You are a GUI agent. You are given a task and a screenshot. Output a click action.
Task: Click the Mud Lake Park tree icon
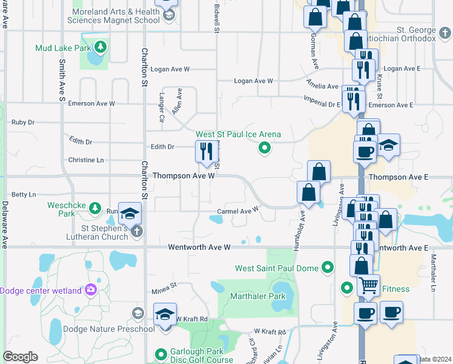(101, 47)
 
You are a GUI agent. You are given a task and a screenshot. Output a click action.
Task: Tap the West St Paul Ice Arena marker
(264, 147)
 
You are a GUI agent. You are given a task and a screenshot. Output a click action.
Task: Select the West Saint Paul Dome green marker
(328, 267)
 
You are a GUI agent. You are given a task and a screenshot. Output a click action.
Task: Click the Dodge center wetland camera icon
(91, 290)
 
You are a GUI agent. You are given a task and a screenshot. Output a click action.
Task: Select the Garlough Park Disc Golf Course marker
(161, 354)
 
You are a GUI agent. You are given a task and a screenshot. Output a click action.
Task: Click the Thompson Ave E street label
(398, 177)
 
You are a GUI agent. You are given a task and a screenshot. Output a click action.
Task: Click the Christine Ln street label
(87, 160)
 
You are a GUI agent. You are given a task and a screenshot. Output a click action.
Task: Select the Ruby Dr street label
(23, 122)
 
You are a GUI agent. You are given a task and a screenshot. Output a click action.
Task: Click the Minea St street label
(164, 285)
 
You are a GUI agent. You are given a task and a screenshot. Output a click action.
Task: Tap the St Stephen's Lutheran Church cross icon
(137, 231)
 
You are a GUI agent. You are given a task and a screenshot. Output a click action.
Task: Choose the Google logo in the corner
(20, 357)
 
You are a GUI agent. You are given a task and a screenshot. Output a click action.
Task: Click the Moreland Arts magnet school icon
(169, 15)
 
